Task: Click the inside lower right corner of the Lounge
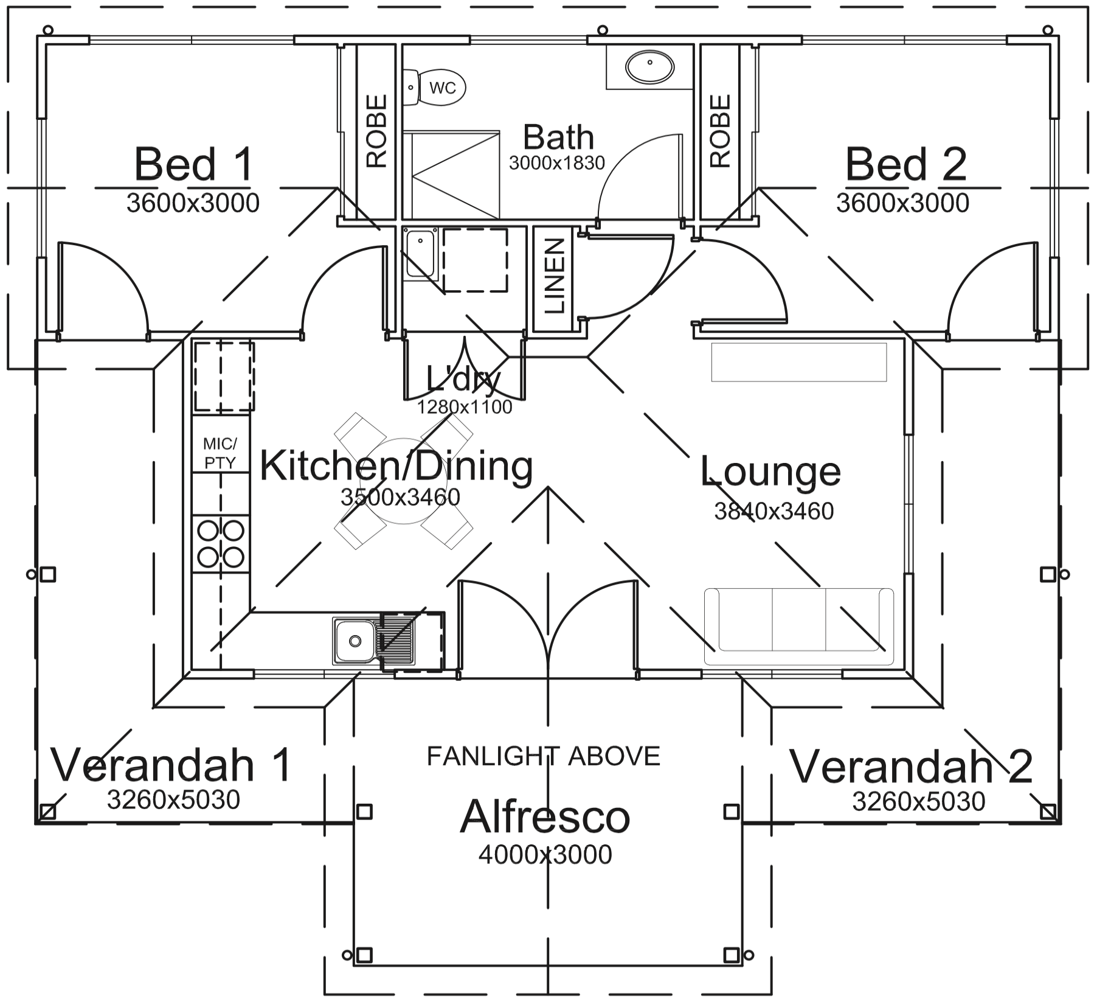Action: (904, 670)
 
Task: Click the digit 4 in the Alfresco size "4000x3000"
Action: (486, 855)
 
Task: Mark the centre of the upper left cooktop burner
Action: (209, 530)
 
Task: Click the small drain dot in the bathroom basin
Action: (649, 62)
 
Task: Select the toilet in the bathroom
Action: (434, 88)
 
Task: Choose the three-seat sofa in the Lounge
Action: (799, 627)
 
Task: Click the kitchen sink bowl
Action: (353, 640)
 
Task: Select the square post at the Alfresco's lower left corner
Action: (364, 954)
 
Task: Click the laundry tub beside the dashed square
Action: (420, 254)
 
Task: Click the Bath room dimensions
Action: (557, 163)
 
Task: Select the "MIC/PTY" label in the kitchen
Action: (220, 453)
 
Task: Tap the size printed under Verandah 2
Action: (918, 801)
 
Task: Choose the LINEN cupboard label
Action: (555, 277)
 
